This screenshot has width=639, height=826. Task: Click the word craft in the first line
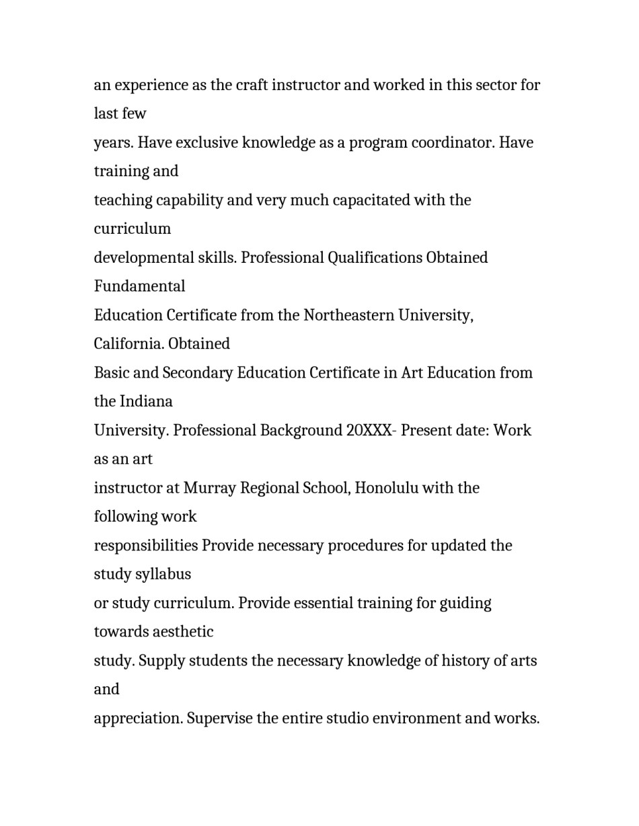252,85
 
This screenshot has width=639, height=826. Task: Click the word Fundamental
139,286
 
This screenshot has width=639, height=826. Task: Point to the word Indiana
146,402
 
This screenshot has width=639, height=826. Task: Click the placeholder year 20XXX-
372,431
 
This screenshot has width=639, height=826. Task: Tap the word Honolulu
386,488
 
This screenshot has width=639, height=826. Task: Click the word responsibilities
146,546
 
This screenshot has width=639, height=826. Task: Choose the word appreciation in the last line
138,718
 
